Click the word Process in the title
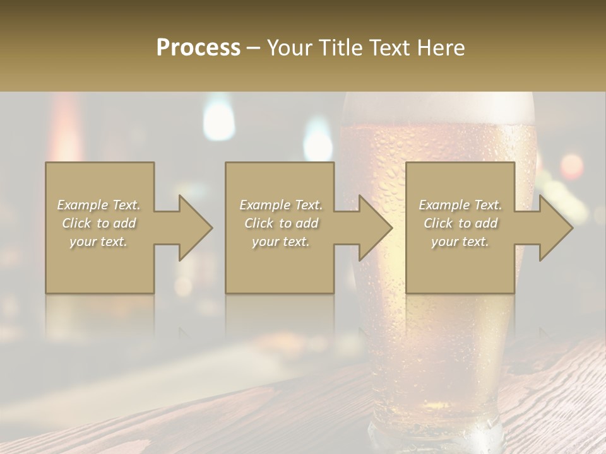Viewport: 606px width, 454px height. click(198, 48)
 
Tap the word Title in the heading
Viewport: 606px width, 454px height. click(342, 48)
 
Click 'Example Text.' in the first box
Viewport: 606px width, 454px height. click(98, 205)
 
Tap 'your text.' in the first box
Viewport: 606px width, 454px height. click(98, 242)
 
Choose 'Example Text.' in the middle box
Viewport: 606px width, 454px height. click(281, 205)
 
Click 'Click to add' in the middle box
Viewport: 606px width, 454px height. click(281, 223)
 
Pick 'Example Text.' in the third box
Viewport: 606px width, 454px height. click(460, 205)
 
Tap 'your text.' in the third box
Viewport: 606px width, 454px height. click(460, 242)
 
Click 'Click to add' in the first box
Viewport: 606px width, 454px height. click(98, 223)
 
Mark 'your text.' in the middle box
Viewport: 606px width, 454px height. click(281, 242)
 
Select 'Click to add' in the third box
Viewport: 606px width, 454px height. click(460, 223)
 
